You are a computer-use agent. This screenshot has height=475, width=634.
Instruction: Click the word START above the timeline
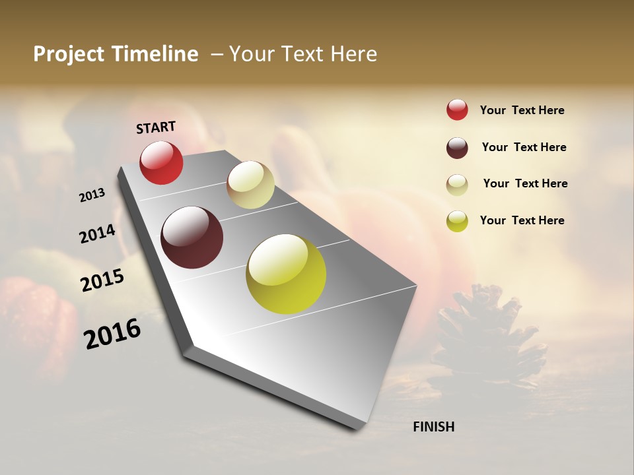click(156, 127)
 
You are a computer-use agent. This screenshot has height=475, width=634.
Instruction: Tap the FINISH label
click(433, 427)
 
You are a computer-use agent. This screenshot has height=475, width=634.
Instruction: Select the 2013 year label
click(92, 195)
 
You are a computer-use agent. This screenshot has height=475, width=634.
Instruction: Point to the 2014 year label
click(97, 234)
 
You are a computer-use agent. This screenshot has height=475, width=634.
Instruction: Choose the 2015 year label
click(102, 280)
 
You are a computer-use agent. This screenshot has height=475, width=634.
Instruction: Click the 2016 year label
click(112, 333)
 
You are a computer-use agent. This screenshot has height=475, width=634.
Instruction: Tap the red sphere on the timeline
click(161, 162)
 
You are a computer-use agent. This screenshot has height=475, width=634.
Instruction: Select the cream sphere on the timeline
click(250, 185)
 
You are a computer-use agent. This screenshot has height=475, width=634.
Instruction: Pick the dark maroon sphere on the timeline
click(192, 237)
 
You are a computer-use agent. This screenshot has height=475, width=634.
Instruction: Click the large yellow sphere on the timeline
click(286, 274)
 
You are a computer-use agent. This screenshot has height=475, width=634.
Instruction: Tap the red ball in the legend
click(457, 110)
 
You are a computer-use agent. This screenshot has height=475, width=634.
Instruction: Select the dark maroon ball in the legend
click(457, 148)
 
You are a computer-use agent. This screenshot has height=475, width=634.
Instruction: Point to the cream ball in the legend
click(457, 185)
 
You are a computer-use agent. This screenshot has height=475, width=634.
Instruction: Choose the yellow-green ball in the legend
click(457, 221)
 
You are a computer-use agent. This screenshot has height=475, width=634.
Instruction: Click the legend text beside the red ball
click(522, 110)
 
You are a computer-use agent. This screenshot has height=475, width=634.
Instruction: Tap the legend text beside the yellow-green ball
click(522, 220)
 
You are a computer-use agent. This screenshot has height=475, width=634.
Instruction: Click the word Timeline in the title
click(155, 54)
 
